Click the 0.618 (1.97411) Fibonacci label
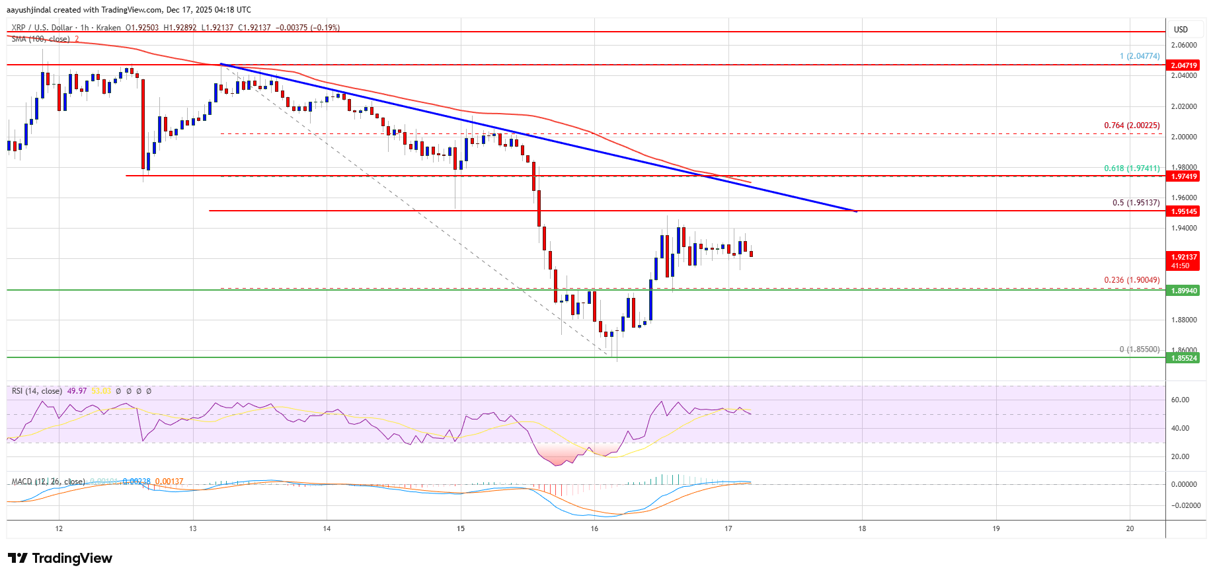click(1132, 168)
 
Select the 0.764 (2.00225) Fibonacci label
click(1132, 126)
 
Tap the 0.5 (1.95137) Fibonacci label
click(1136, 203)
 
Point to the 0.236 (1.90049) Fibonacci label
click(1132, 280)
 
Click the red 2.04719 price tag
click(1183, 65)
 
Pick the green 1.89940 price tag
click(1183, 291)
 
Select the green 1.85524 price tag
click(1183, 358)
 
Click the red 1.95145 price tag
click(1183, 211)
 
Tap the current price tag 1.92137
click(1183, 257)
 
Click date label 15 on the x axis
click(461, 528)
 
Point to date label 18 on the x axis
click(862, 528)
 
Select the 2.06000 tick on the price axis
click(1183, 45)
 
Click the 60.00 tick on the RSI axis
click(1180, 400)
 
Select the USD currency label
click(1181, 29)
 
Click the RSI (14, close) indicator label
click(37, 391)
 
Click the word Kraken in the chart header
click(108, 28)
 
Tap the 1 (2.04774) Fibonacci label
click(1139, 56)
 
